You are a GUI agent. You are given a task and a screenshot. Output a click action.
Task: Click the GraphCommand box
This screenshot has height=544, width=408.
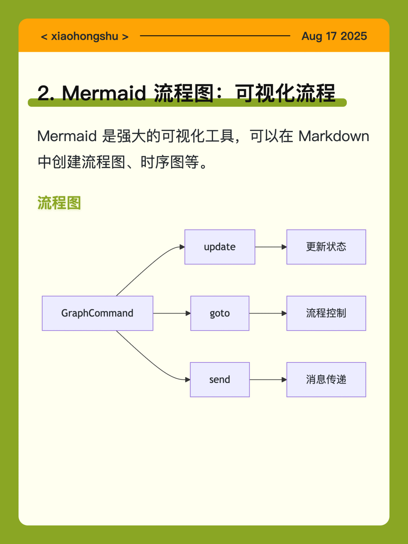(x=97, y=313)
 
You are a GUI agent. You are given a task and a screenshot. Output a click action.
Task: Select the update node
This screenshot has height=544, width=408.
(x=220, y=247)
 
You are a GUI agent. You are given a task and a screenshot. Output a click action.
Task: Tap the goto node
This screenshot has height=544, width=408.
(x=220, y=313)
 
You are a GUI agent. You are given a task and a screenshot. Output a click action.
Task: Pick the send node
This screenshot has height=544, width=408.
(x=220, y=379)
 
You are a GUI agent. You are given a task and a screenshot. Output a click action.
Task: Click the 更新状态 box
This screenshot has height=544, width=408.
(x=326, y=247)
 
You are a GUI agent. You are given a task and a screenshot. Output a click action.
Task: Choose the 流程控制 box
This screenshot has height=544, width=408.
(x=326, y=313)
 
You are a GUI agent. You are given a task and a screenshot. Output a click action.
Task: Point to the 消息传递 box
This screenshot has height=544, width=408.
(x=326, y=379)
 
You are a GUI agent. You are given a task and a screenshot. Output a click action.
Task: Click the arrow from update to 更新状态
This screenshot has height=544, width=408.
(x=271, y=247)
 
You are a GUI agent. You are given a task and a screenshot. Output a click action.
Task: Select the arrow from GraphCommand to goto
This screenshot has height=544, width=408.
(x=172, y=313)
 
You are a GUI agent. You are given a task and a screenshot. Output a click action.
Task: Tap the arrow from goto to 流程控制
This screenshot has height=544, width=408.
(x=268, y=313)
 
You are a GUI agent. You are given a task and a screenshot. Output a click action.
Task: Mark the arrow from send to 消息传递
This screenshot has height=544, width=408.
(x=268, y=379)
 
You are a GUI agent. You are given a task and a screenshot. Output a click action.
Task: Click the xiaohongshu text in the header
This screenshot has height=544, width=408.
(x=85, y=36)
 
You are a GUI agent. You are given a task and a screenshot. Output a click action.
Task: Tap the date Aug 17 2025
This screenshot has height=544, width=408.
(x=334, y=36)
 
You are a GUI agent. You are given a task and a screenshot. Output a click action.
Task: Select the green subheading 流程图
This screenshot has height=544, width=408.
(x=59, y=203)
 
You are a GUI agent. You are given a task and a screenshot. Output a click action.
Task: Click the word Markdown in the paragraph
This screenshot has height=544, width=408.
(x=334, y=136)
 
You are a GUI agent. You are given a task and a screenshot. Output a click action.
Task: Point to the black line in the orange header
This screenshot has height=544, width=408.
(x=215, y=36)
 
